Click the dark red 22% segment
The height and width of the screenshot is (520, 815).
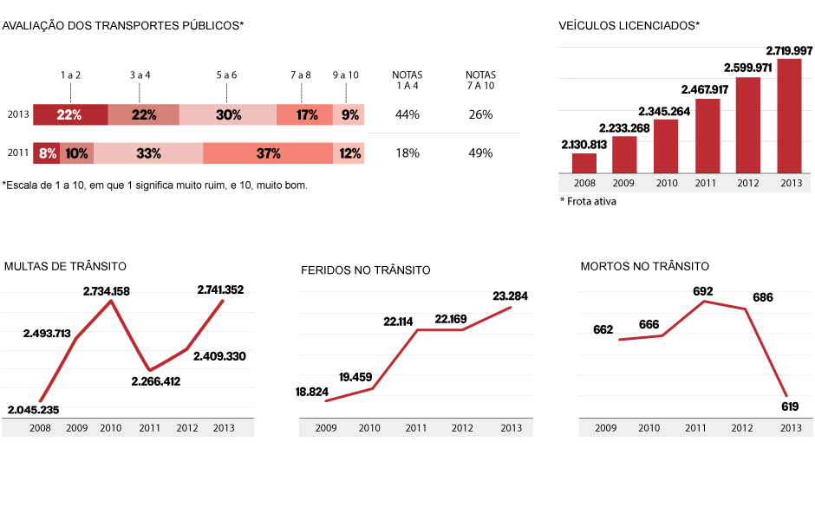click(x=70, y=114)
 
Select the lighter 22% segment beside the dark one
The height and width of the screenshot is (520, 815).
click(x=144, y=114)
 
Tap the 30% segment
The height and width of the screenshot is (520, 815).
click(x=228, y=114)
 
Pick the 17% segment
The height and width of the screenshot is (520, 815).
click(x=305, y=114)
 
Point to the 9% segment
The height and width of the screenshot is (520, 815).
click(x=349, y=114)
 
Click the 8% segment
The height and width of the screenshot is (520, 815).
click(x=47, y=153)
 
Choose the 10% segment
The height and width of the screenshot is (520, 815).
click(x=76, y=153)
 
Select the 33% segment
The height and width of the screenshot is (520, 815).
click(x=148, y=153)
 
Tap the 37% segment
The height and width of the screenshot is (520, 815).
click(x=268, y=153)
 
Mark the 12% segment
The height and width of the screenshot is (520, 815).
click(x=349, y=153)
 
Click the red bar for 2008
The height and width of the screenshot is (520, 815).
click(x=584, y=163)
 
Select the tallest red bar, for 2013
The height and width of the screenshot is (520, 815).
click(x=789, y=115)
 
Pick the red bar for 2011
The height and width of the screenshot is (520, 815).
click(x=707, y=136)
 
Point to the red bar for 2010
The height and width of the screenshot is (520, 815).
click(x=666, y=146)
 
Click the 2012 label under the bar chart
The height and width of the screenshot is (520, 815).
click(x=747, y=183)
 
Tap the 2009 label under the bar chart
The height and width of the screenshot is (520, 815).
click(x=624, y=183)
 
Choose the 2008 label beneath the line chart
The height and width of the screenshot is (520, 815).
click(x=41, y=428)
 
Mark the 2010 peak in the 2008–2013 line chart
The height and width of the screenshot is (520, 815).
click(x=111, y=300)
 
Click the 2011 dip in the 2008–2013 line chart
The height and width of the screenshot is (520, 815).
click(x=150, y=370)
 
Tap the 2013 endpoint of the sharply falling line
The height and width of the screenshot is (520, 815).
click(x=786, y=396)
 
